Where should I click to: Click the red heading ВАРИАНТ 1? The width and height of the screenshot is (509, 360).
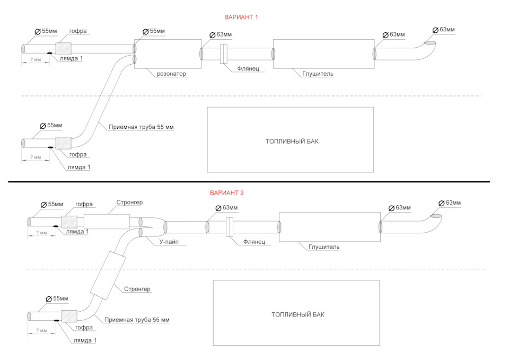[241, 17]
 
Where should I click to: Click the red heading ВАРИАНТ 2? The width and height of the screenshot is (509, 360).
[226, 193]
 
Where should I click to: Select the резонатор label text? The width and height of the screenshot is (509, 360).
[171, 74]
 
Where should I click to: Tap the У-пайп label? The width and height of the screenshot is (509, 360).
[169, 242]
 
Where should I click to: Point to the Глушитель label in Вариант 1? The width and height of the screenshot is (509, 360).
[318, 74]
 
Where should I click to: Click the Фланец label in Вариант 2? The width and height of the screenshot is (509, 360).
[254, 242]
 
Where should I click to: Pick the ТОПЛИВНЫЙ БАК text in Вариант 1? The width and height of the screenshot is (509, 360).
[292, 142]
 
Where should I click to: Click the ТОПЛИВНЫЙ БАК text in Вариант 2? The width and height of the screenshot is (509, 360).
[297, 314]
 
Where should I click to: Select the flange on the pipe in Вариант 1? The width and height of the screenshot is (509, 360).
[224, 54]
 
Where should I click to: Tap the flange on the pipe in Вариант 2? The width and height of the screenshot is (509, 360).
[230, 227]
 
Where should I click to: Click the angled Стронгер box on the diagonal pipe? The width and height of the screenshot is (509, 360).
[108, 276]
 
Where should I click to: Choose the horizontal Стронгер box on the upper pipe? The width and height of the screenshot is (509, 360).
[107, 222]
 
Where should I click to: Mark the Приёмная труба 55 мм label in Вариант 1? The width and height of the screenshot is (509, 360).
[141, 127]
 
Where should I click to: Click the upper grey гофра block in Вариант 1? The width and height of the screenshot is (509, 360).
[64, 49]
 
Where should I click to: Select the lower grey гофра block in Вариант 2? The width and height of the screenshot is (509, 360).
[69, 316]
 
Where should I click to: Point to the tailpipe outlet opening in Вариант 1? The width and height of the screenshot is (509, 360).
[431, 43]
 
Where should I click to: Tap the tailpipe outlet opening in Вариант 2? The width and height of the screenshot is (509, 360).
[436, 216]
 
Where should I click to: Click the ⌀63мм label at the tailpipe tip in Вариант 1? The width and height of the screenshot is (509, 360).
[444, 30]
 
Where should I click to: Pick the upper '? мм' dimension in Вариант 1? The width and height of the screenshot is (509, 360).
[36, 60]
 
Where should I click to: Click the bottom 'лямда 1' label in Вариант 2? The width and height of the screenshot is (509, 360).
[85, 340]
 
